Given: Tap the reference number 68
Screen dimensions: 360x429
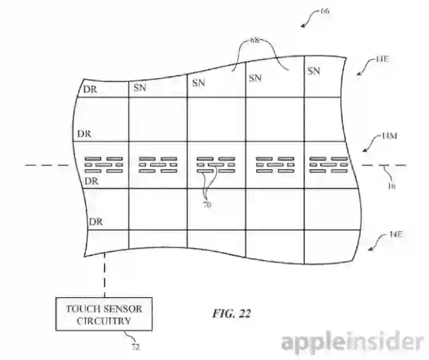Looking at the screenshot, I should [255, 40].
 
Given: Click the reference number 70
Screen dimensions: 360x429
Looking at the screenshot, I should [206, 205].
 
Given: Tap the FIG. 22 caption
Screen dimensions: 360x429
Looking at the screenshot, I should [229, 313].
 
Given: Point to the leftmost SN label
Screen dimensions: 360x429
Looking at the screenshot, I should [140, 88].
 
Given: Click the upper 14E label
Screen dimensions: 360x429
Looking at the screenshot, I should [381, 60].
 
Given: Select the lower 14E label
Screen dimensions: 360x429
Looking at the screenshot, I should [396, 235].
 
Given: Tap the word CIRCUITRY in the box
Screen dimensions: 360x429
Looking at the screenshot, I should [104, 321].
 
